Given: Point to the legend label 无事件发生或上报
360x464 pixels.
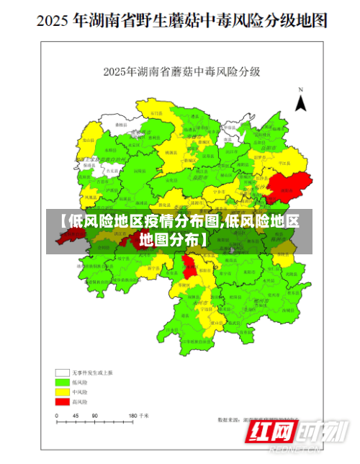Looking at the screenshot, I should click(90, 372).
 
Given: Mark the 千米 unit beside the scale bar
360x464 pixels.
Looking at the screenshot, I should click(145, 416).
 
